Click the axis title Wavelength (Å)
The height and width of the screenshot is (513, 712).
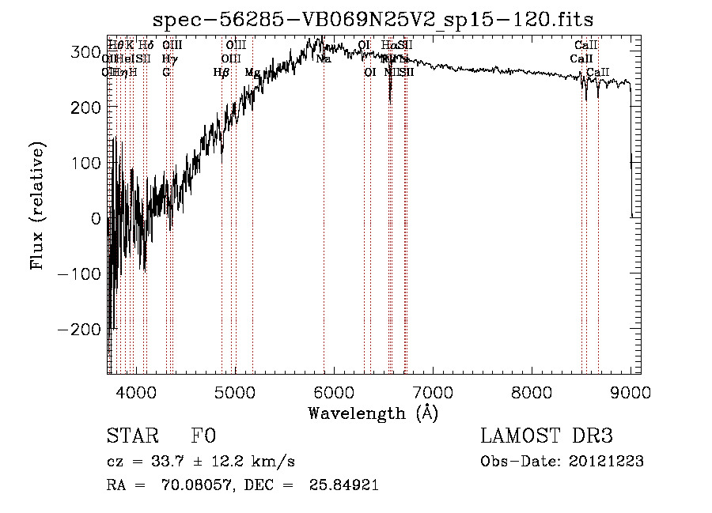373,413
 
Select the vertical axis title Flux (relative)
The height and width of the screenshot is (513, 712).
38,206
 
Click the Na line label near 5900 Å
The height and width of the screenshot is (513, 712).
324,72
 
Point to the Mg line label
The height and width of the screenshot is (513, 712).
252,72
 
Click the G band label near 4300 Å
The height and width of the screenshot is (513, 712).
166,72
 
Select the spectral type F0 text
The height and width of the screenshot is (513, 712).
203,437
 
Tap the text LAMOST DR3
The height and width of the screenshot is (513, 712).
547,437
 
